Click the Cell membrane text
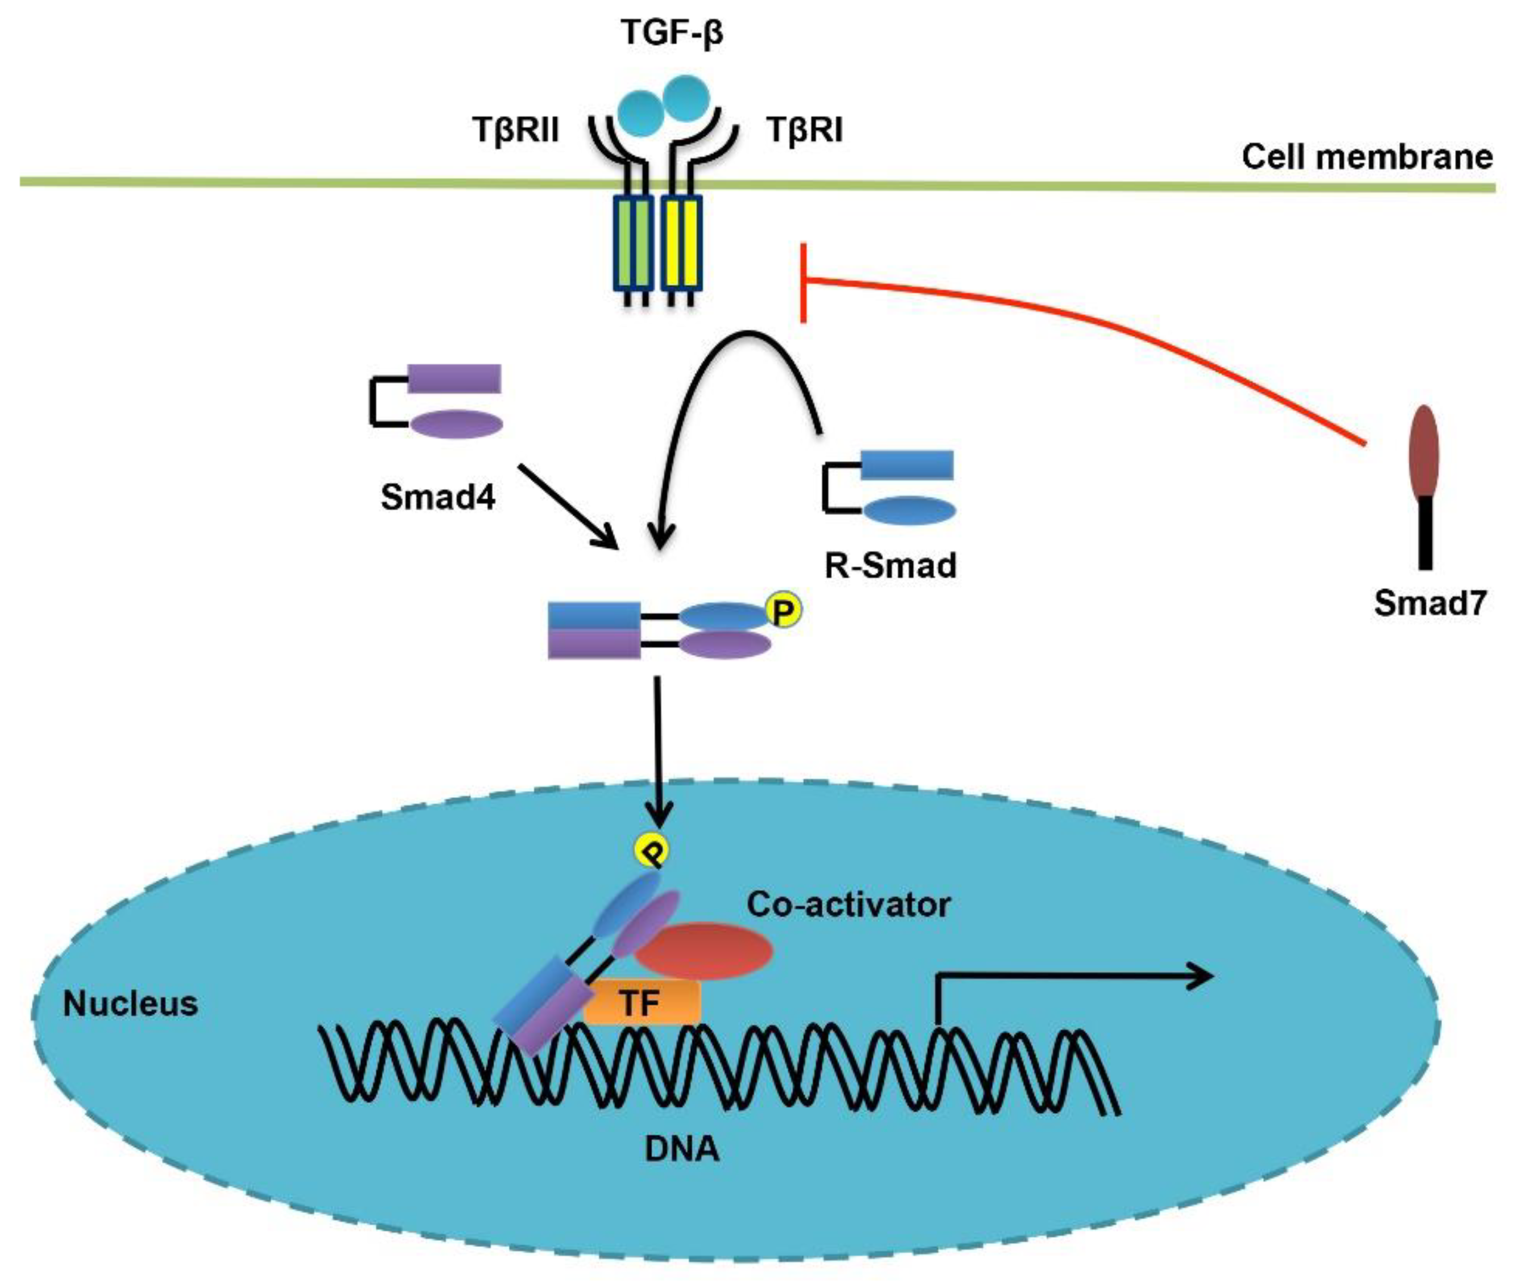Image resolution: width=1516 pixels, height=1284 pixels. click(x=1367, y=156)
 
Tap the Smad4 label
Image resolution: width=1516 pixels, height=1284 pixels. click(x=438, y=498)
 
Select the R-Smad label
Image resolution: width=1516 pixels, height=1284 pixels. click(x=890, y=565)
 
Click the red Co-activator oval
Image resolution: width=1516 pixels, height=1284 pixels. click(x=703, y=951)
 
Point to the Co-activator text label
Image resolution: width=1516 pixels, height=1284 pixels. click(x=848, y=905)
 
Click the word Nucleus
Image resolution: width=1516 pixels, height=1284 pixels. click(x=130, y=1004)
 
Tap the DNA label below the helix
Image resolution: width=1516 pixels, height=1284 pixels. click(x=682, y=1149)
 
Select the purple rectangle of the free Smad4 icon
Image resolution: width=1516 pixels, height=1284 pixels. click(x=453, y=379)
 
